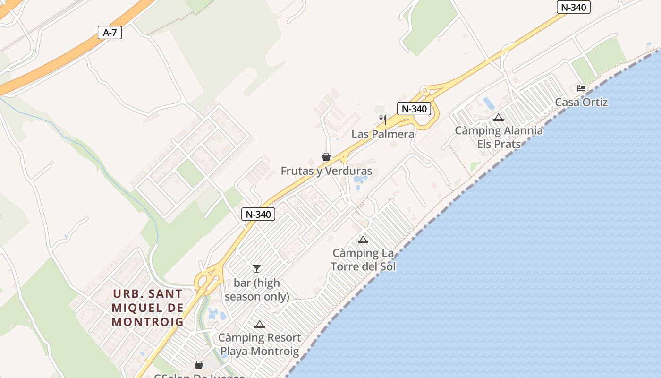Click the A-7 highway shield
point(110,33)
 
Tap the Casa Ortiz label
point(581,102)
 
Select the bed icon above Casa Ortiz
point(581,88)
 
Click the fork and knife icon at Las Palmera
point(383,120)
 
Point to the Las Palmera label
point(383,134)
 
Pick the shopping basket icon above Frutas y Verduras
point(326,157)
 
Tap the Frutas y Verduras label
point(326,171)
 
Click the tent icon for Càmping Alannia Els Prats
point(498,118)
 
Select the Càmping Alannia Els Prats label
point(499,137)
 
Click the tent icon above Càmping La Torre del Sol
point(363,240)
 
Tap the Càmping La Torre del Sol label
point(363,259)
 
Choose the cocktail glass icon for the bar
point(257,269)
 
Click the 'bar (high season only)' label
point(257,290)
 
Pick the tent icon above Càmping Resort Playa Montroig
point(259,325)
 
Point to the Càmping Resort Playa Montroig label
point(259,344)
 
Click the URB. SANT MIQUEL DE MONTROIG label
point(147,308)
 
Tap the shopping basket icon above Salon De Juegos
point(199,365)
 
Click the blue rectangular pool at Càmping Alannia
point(489,103)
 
